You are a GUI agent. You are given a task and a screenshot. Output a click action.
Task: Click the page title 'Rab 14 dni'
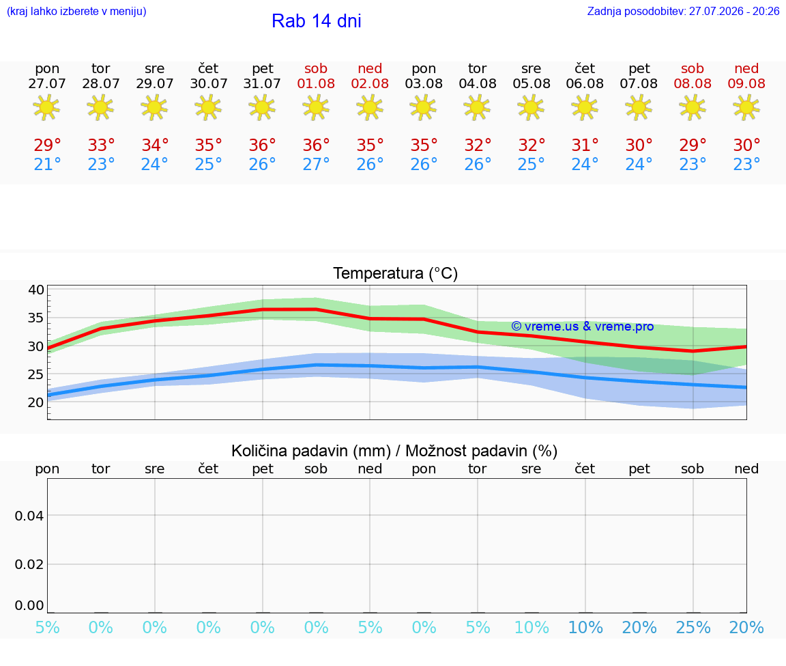click(x=317, y=21)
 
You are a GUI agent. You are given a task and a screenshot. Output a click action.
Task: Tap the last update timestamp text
click(x=683, y=11)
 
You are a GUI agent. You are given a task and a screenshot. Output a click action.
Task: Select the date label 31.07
click(x=262, y=84)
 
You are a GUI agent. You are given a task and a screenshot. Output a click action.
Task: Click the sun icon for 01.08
click(x=316, y=107)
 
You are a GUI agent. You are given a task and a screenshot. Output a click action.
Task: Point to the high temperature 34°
click(x=155, y=145)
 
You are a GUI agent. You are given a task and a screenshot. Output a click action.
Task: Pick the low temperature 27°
click(x=316, y=164)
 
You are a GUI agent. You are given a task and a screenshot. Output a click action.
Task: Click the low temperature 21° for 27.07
click(x=47, y=164)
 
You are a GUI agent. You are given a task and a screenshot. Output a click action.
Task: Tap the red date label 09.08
click(x=746, y=84)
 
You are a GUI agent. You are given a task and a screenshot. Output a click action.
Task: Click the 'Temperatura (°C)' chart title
click(x=396, y=273)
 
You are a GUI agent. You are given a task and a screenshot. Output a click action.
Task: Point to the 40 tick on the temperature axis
click(x=36, y=290)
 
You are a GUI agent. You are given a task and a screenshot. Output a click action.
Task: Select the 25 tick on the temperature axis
click(x=36, y=374)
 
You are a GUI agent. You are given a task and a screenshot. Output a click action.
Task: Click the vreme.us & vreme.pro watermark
click(x=583, y=327)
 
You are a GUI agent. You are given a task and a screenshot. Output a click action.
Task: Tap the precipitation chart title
click(x=394, y=451)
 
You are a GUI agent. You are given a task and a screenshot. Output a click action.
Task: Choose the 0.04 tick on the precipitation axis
click(x=29, y=516)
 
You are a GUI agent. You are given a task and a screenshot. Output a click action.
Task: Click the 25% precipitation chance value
click(x=693, y=627)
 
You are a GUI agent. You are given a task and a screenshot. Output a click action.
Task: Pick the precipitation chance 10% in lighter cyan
click(x=532, y=627)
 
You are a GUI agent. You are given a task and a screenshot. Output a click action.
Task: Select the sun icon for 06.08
click(x=585, y=107)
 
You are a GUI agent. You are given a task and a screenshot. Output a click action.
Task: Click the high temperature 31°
click(x=585, y=145)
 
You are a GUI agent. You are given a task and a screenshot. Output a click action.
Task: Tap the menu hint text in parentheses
click(x=76, y=11)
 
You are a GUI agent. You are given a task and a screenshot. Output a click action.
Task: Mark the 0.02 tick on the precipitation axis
click(x=29, y=564)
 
